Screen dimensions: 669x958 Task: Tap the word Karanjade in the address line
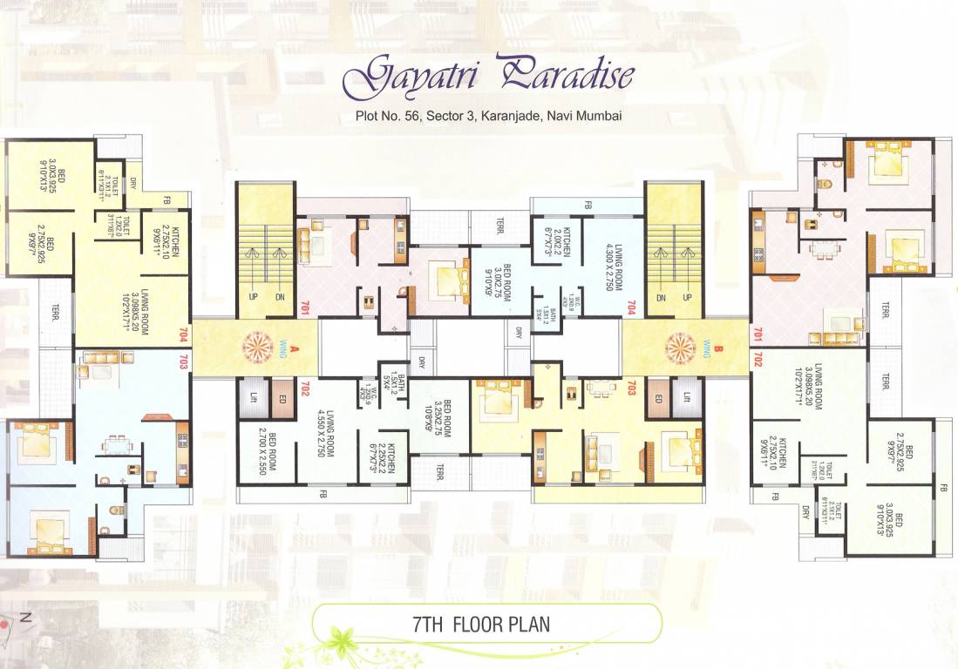tap(509, 115)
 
